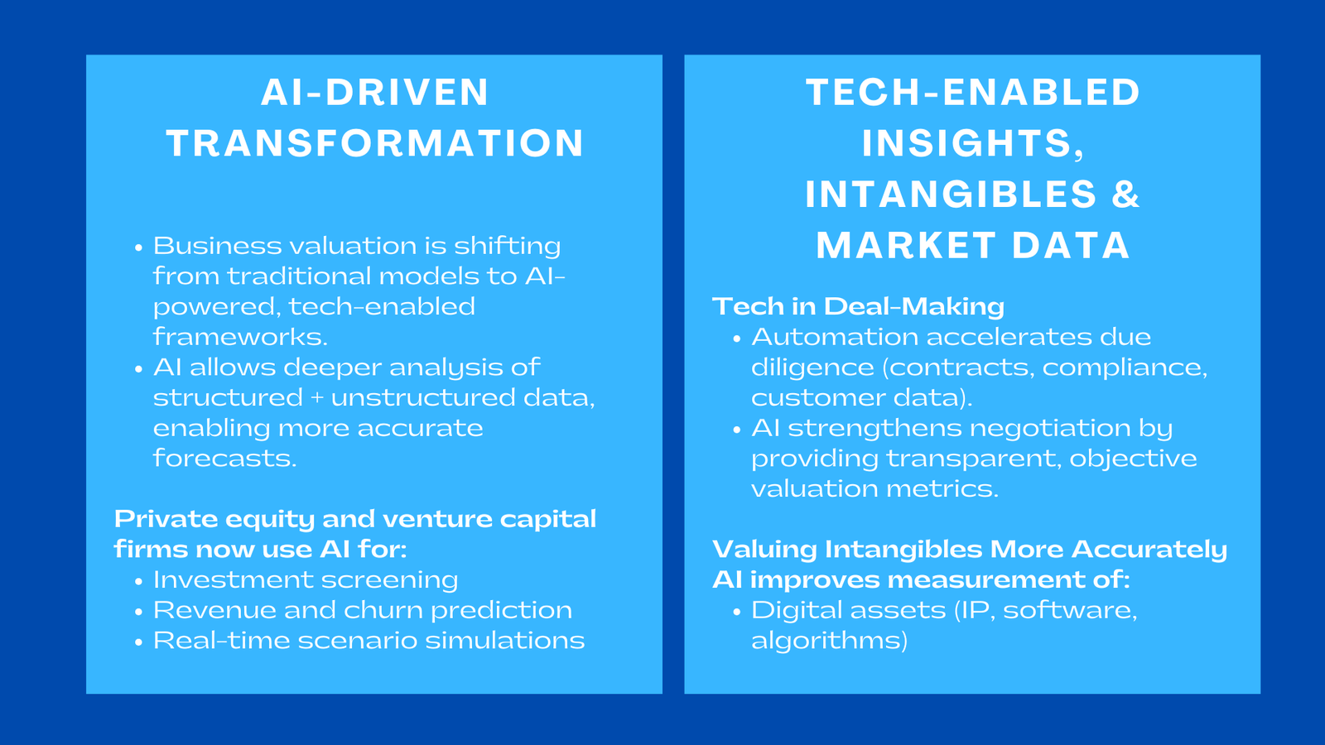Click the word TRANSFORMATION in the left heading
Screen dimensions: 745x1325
375,143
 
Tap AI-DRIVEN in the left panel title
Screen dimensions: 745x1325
375,92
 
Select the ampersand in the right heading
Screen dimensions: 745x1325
1125,195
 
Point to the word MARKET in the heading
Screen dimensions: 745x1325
906,246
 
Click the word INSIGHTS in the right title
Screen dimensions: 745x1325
966,143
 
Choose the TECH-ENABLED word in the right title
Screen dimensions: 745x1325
973,92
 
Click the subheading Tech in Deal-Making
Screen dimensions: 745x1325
858,306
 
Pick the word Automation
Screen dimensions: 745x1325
835,337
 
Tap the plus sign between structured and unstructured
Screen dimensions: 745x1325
317,398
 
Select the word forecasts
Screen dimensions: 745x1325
224,459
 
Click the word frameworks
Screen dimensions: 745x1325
240,337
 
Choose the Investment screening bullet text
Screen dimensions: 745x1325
306,580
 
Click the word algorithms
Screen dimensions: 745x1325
829,641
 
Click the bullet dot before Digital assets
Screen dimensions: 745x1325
736,612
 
